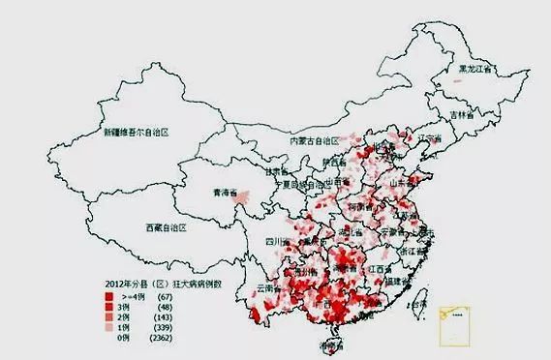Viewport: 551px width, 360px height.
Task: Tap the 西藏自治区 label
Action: tap(166, 228)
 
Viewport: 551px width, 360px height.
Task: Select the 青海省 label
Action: tap(225, 194)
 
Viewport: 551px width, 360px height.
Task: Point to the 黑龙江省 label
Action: tap(475, 70)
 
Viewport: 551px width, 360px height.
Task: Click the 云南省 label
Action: tap(270, 289)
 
